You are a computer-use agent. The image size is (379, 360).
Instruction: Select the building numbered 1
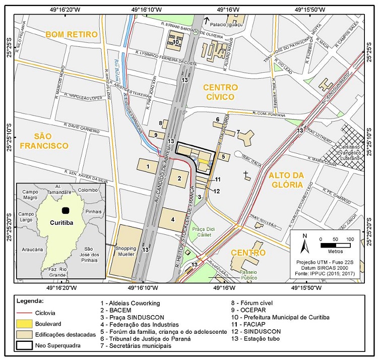click(x=148, y=165)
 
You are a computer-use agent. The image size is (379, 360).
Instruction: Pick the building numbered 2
click(x=178, y=177)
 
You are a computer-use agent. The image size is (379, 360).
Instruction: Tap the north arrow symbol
click(x=304, y=244)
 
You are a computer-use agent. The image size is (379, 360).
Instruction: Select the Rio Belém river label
click(x=115, y=71)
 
